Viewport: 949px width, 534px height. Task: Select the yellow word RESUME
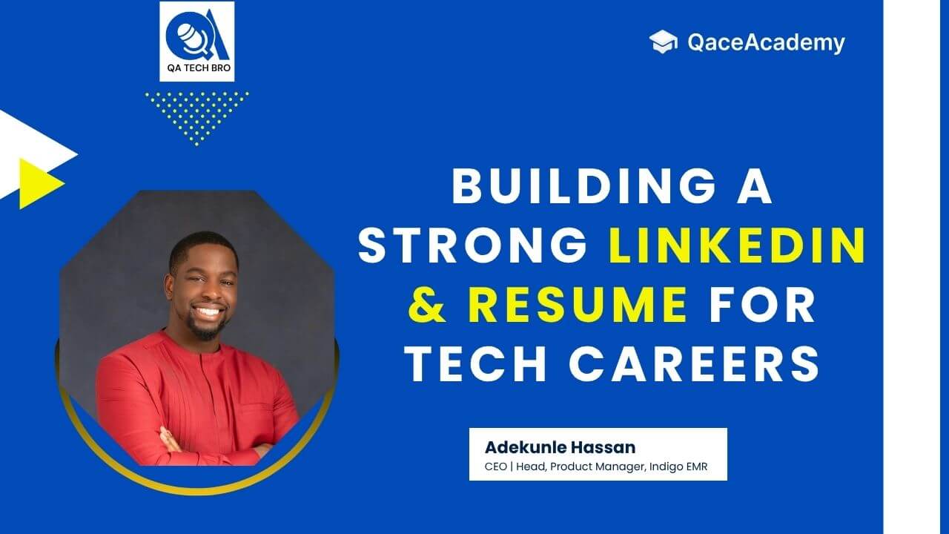coord(578,306)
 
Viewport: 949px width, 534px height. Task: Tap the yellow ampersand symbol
coord(429,306)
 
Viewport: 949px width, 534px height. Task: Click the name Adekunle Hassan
coord(560,447)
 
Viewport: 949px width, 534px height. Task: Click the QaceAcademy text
coord(766,43)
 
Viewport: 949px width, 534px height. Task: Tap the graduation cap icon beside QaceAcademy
coord(664,42)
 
